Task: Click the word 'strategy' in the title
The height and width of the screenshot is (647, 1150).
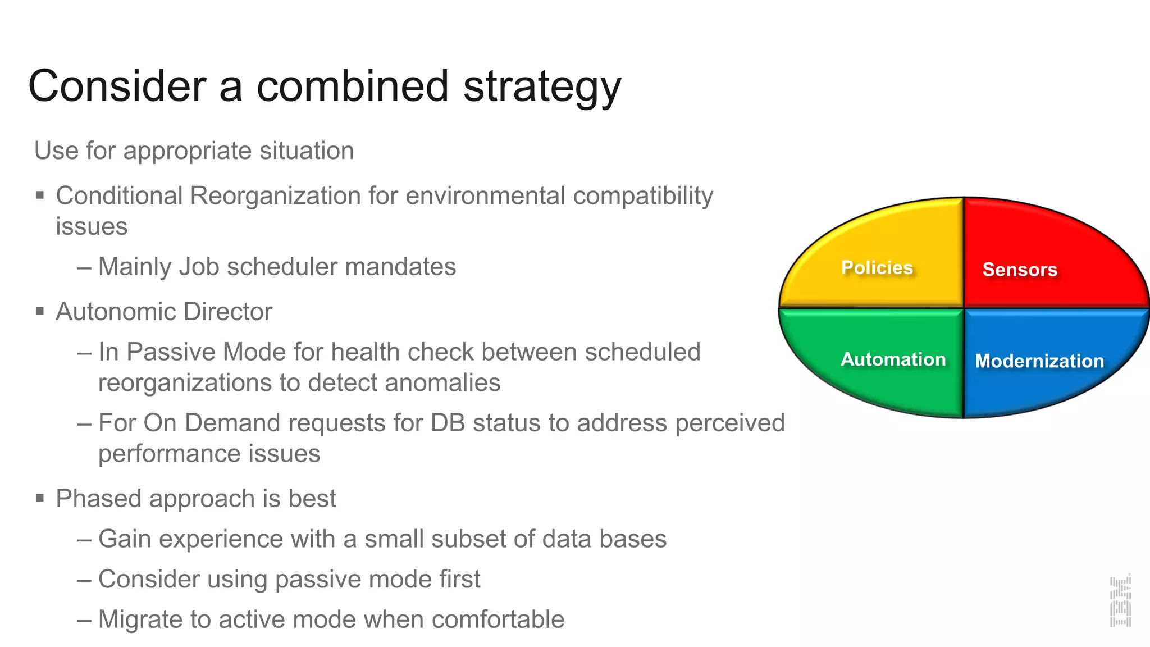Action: click(x=542, y=87)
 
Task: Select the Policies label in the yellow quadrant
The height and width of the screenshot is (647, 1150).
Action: click(x=877, y=267)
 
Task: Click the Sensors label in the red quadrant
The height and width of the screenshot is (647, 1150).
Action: click(x=1020, y=270)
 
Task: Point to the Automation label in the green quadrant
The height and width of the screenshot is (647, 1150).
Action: click(x=893, y=359)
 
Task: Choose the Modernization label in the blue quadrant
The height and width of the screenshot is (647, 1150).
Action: click(x=1039, y=361)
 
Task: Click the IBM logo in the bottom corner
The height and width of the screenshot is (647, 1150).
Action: click(x=1120, y=602)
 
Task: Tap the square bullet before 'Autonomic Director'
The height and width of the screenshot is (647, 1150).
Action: click(x=40, y=311)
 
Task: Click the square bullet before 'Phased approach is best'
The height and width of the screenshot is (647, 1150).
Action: click(x=40, y=498)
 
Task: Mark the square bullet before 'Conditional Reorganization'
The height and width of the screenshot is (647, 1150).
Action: click(x=40, y=195)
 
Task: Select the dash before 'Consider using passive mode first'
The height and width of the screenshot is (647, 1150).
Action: click(x=84, y=580)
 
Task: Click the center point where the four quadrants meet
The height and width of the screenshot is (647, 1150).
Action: click(x=964, y=308)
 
